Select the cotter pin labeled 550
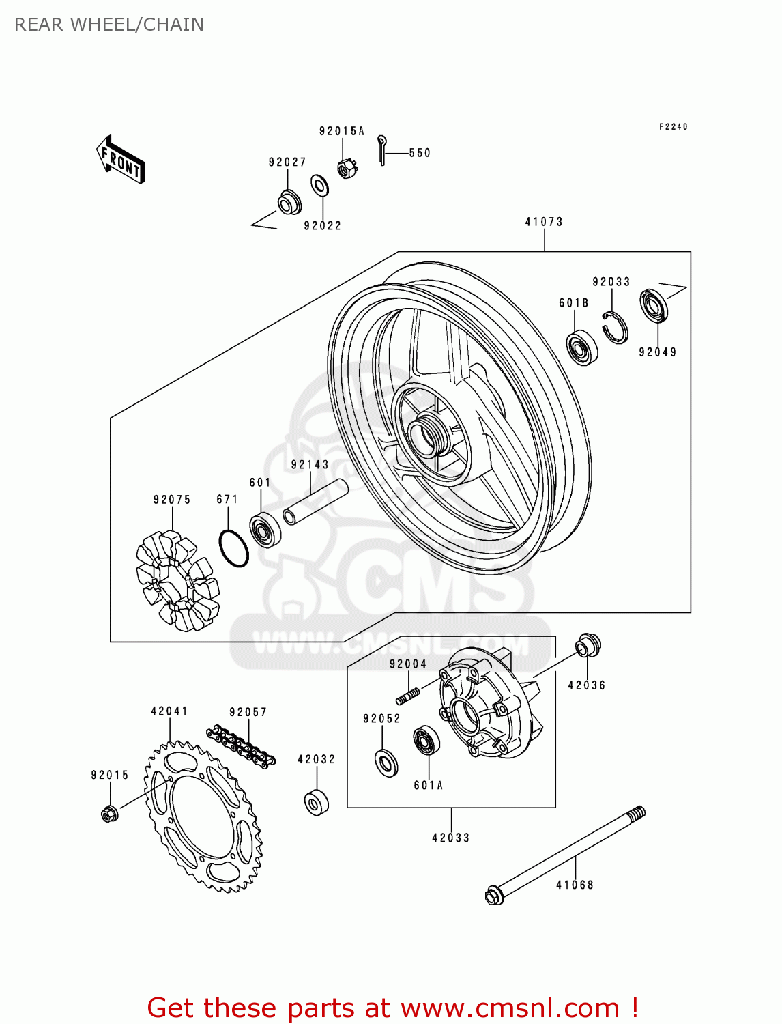pos(382,150)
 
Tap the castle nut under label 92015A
pos(347,168)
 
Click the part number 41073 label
pos(544,222)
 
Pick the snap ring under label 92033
pos(616,326)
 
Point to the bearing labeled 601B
pos(582,347)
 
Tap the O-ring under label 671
pos(233,548)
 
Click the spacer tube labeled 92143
pos(315,502)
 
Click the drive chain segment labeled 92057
pos(241,746)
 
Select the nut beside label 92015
pos(108,813)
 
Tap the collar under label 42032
pos(316,802)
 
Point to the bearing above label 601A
pos(426,741)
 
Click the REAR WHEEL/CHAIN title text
pos(109,25)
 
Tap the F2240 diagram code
pos(673,127)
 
